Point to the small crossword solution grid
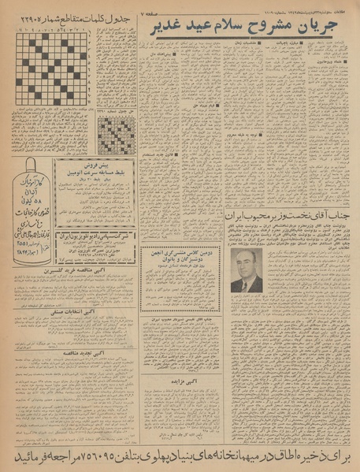click(x=117, y=134)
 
